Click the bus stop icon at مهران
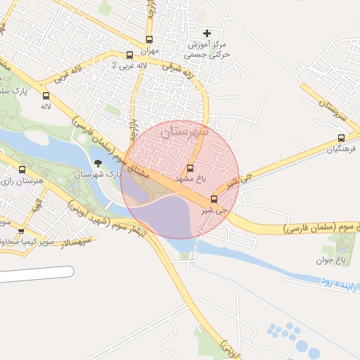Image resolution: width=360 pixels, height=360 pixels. pos(149,40)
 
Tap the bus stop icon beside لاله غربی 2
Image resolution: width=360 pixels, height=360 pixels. pos(129,55)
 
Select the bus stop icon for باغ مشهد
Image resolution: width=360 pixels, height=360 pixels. pos(191,168)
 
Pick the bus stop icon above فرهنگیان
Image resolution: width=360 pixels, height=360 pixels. pos(341,139)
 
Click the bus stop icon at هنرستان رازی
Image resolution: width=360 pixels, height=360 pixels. pos(22,170)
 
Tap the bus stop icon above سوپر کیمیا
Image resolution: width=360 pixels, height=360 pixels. pos(21,231)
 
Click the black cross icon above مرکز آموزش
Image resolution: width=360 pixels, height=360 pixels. pos(207,33)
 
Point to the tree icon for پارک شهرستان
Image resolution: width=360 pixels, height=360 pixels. pos(98,163)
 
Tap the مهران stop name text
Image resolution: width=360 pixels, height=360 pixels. pos(150,51)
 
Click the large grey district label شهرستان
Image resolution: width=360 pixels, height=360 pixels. pos(184,131)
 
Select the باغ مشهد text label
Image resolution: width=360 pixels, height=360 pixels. pos(191,179)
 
